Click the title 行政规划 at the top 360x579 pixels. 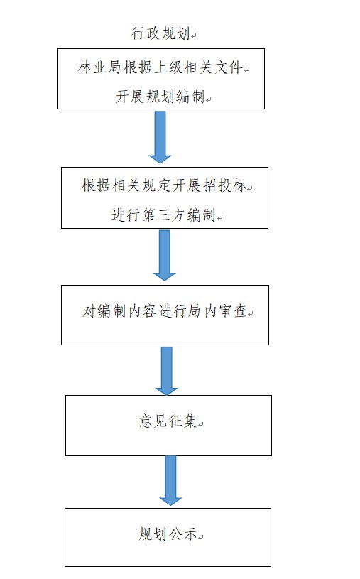(x=160, y=33)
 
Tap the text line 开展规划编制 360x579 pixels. (x=160, y=97)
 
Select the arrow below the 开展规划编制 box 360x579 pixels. (x=160, y=137)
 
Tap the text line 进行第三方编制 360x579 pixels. (x=163, y=215)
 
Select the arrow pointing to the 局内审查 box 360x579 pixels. (x=164, y=255)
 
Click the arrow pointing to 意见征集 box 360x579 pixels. (x=167, y=371)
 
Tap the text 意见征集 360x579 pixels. (x=168, y=421)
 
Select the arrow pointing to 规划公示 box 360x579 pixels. (x=170, y=480)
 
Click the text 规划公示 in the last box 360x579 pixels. (x=168, y=534)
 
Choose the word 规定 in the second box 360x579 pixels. (x=156, y=185)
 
